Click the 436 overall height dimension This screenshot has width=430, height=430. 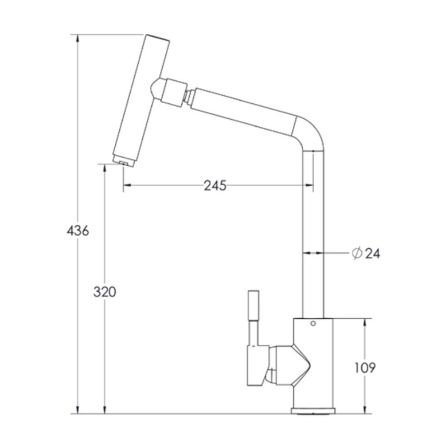(x=78, y=230)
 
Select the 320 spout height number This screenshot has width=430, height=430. (x=104, y=291)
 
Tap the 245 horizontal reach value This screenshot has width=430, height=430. (x=215, y=186)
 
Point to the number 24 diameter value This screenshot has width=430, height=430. (x=373, y=253)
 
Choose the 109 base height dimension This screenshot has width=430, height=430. (x=365, y=368)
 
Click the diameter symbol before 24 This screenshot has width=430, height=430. (x=357, y=253)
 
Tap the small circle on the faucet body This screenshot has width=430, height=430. (x=313, y=323)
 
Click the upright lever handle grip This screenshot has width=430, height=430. (x=253, y=305)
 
